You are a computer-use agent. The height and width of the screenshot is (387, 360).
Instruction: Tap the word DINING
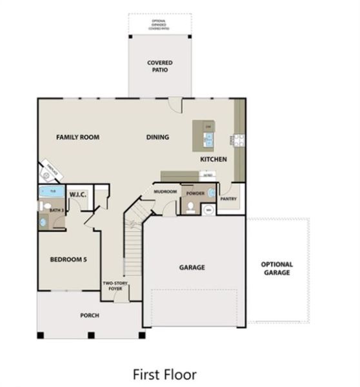157,137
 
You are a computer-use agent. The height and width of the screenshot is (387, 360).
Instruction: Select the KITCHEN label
213,159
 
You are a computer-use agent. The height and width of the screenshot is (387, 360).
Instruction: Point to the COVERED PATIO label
159,66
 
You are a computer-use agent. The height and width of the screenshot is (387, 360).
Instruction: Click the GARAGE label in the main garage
192,267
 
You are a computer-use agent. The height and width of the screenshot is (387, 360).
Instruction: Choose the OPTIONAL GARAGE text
277,268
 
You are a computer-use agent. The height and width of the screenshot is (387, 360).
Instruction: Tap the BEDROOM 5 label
68,260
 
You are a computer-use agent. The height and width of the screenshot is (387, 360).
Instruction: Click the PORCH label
89,315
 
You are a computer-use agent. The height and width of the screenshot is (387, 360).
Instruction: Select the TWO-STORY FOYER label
115,286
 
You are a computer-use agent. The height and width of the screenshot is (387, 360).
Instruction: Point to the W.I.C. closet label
78,194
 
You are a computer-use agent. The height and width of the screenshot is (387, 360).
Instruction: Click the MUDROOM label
165,192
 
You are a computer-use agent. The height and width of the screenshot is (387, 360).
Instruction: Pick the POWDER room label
195,193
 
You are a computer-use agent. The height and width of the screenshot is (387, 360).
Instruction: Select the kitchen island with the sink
208,135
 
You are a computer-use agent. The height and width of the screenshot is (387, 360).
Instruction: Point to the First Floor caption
165,373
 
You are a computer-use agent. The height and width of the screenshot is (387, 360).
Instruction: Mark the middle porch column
91,335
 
